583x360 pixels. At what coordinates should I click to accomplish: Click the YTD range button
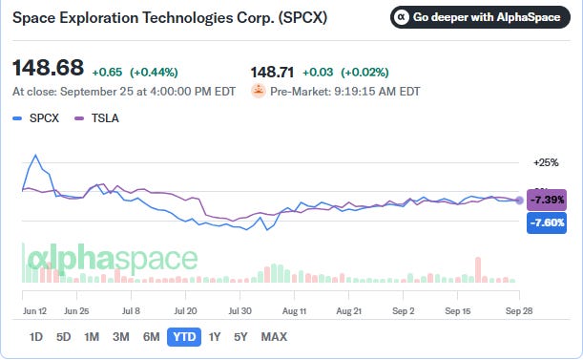coord(184,337)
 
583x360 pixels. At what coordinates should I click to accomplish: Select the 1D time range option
coord(36,337)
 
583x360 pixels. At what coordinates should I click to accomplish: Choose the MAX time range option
coord(274,337)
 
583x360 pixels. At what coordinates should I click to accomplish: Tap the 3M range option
coord(121,337)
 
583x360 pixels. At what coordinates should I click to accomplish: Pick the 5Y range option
coord(240,337)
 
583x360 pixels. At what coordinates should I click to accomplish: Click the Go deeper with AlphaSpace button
coord(480,17)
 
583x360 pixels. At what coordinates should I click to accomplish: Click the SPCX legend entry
coord(36,118)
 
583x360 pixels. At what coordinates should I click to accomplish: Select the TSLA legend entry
coord(96,118)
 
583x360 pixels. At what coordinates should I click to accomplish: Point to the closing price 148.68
coord(49,68)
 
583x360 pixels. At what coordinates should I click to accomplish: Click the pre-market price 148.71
coord(272,73)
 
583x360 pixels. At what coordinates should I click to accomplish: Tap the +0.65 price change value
coord(107,73)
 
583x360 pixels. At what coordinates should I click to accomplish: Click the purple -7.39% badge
coord(547,200)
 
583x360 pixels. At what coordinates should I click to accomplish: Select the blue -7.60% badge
coord(547,223)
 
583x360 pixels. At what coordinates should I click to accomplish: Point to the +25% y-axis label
coord(546,162)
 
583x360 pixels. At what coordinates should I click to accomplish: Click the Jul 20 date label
coord(185,311)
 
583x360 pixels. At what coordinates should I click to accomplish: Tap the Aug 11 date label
coord(294,311)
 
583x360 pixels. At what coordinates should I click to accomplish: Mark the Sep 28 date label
coord(519,311)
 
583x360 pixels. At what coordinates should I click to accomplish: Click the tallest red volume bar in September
coord(478,270)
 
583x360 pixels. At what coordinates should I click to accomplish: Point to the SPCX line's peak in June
coord(35,155)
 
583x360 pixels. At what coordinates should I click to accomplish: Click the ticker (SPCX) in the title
coord(303,17)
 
